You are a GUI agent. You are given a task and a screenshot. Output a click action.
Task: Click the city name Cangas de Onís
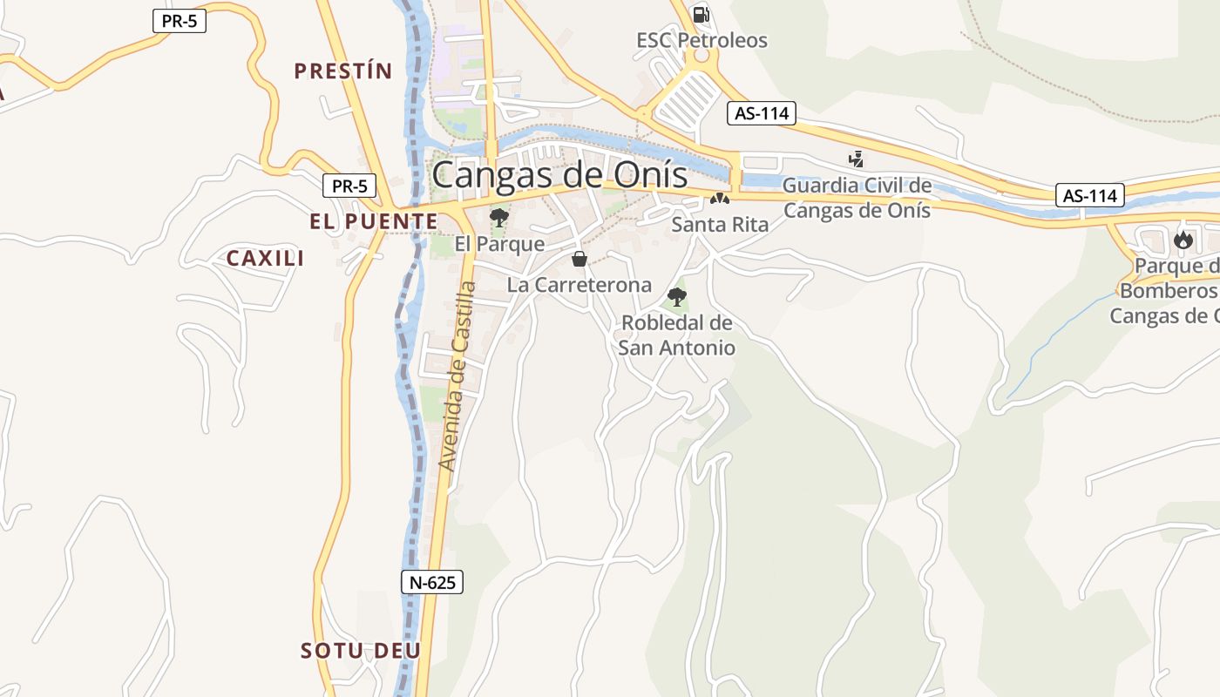[x=559, y=174]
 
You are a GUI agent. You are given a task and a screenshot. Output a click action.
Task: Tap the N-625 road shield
[x=432, y=582]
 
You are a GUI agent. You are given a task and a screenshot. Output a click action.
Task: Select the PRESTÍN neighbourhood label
[x=343, y=71]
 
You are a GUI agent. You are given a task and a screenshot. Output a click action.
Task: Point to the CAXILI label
[x=265, y=258]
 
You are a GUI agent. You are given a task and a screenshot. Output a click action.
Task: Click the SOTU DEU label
[x=361, y=651]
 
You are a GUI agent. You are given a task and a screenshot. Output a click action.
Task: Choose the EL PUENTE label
[x=374, y=221]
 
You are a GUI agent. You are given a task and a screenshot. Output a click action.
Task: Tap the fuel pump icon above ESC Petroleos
[x=701, y=14]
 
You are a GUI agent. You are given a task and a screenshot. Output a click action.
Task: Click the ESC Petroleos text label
[x=701, y=40]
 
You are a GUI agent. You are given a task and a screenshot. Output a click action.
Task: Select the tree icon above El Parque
[x=499, y=217]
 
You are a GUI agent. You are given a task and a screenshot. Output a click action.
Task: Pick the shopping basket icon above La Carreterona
[x=579, y=259]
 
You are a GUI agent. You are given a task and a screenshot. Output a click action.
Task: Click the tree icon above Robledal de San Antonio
[x=676, y=296]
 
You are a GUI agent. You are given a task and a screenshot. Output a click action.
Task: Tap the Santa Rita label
[x=720, y=225]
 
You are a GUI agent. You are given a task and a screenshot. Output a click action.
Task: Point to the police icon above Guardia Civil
[x=857, y=159]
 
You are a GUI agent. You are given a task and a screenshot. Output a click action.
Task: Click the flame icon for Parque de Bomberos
[x=1183, y=239]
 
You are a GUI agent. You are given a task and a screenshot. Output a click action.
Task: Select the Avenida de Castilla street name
[x=459, y=376]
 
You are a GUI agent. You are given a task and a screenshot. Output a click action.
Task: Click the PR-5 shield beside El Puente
[x=349, y=186]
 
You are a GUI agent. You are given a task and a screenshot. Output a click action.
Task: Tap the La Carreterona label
[x=579, y=285]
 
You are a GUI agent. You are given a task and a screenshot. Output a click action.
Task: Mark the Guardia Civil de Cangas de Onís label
[x=857, y=198]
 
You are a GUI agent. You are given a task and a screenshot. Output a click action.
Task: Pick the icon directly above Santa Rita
[x=719, y=200]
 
